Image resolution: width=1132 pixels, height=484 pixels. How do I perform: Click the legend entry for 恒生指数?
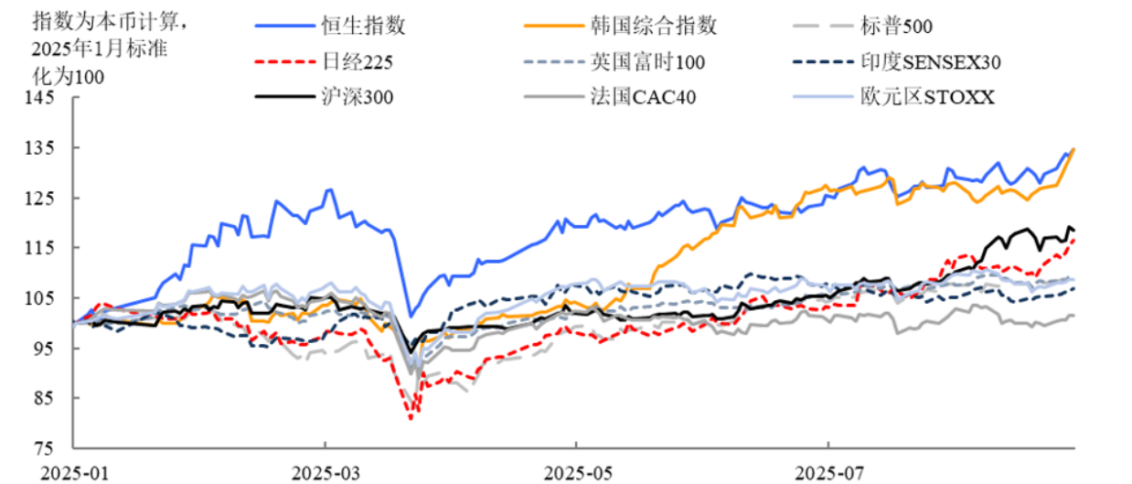tap(362, 26)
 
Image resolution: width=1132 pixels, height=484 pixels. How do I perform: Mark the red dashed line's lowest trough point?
tap(411, 418)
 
